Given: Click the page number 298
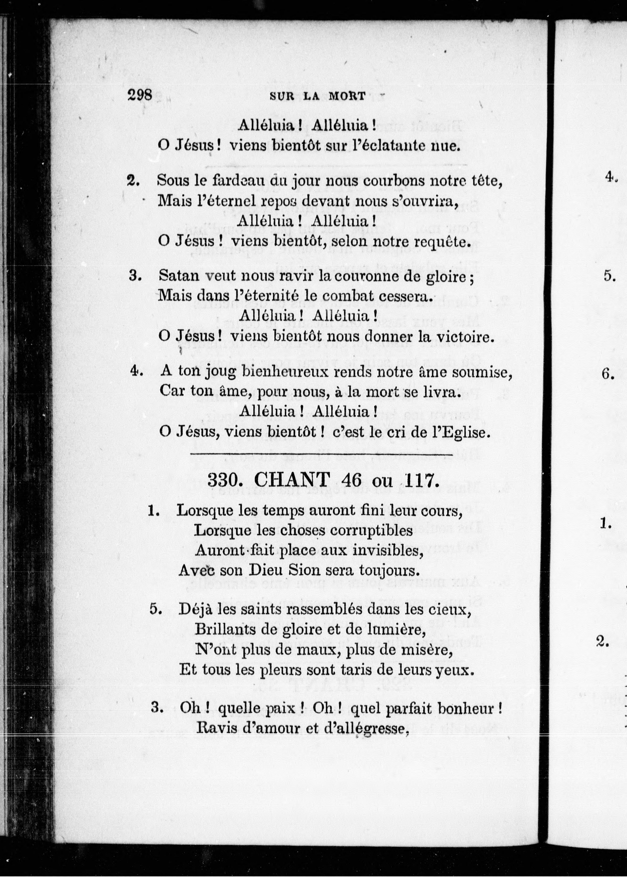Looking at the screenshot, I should click(140, 94).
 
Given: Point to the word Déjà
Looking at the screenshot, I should click(195, 610).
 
